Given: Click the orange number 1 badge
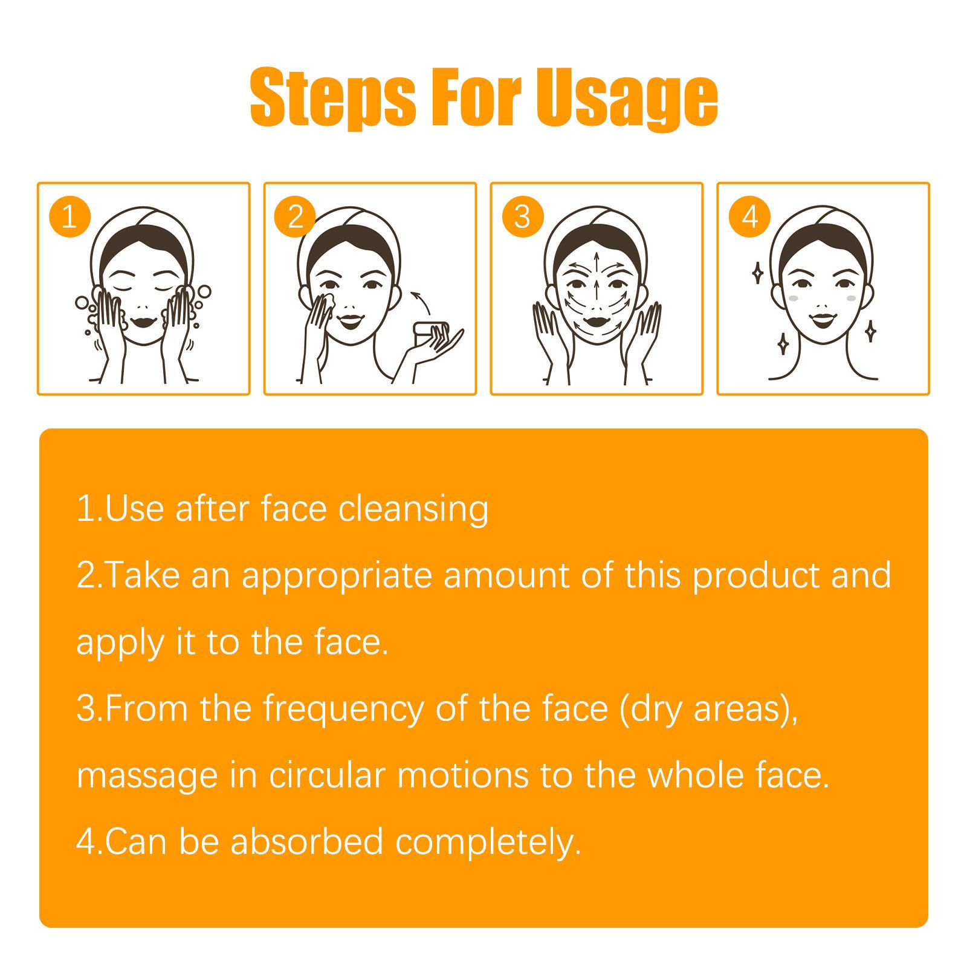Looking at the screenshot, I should tap(70, 216).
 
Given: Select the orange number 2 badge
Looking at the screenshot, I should tap(295, 216).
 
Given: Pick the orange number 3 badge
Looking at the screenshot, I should tap(522, 216).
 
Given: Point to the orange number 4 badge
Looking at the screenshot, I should tap(749, 216).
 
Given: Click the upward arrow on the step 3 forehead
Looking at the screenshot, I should tap(597, 266).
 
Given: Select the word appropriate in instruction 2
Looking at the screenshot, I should tap(337, 575).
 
